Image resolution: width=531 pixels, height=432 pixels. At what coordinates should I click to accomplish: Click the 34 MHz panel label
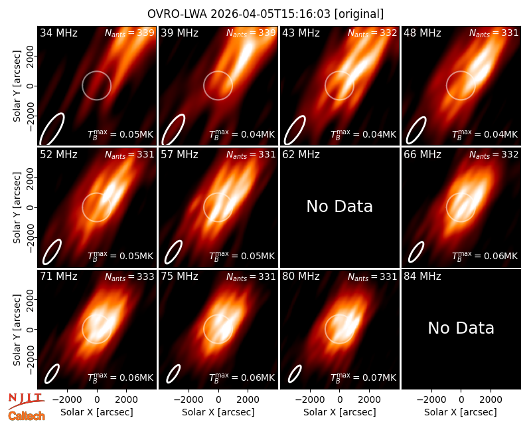click(x=58, y=33)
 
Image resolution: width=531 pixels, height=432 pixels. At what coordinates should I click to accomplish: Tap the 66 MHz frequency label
click(x=422, y=155)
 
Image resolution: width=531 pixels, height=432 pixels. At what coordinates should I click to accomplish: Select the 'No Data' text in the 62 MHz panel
click(x=339, y=206)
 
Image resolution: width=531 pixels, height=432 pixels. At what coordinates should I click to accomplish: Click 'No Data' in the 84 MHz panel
click(x=461, y=328)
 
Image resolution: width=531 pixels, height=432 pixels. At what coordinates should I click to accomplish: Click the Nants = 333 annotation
click(x=129, y=276)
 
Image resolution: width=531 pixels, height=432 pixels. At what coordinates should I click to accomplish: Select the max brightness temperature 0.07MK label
click(x=363, y=377)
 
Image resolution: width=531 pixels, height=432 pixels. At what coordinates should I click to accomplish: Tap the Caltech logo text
click(x=27, y=416)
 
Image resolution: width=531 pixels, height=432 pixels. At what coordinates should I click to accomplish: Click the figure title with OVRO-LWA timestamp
click(x=265, y=14)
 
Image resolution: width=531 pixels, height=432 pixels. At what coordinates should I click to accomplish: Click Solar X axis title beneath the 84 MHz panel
click(x=461, y=412)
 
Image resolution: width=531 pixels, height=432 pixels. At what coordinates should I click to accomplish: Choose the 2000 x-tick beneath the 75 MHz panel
click(x=248, y=400)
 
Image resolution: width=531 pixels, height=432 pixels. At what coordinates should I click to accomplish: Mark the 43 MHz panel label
click(x=301, y=33)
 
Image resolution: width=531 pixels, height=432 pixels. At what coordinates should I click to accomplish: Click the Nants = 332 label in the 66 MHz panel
click(x=494, y=155)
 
